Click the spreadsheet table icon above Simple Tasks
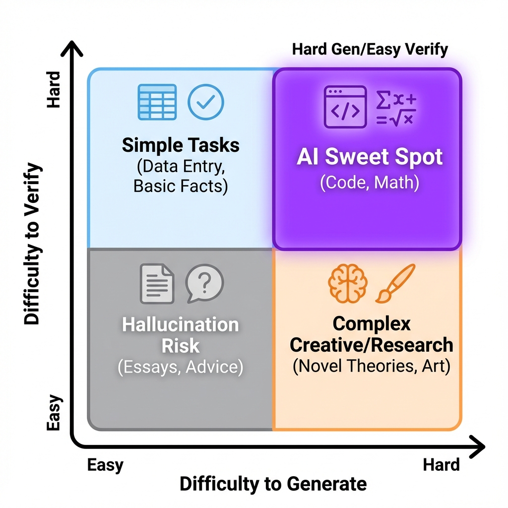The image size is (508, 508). pyautogui.click(x=156, y=102)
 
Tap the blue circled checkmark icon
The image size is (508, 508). pyautogui.click(x=205, y=102)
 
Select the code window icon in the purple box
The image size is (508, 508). pyautogui.click(x=345, y=106)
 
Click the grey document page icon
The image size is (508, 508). pyautogui.click(x=157, y=284)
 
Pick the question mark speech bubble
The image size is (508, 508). pyautogui.click(x=204, y=283)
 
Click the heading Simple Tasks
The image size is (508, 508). pyautogui.click(x=181, y=145)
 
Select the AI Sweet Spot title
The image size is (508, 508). pyautogui.click(x=369, y=157)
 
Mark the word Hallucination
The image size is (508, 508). pyautogui.click(x=181, y=325)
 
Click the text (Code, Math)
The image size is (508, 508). pyautogui.click(x=369, y=183)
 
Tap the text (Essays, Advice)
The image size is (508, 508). pyautogui.click(x=181, y=368)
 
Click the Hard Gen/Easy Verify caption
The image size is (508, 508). pyautogui.click(x=370, y=50)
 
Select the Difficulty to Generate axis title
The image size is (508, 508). pyautogui.click(x=273, y=484)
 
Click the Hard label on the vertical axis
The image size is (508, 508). pyautogui.click(x=53, y=89)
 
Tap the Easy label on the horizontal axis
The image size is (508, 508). pyautogui.click(x=105, y=465)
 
